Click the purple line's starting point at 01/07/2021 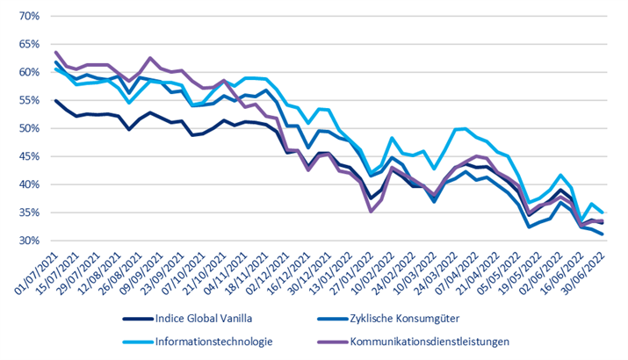[x=56, y=53]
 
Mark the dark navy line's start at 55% [x=56, y=101]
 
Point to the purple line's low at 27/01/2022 [x=371, y=211]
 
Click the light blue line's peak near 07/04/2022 [x=463, y=129]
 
